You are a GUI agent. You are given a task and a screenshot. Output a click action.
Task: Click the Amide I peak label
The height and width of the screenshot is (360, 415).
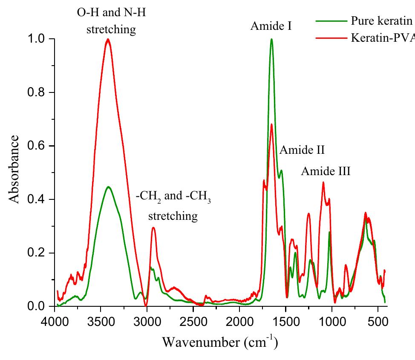271,26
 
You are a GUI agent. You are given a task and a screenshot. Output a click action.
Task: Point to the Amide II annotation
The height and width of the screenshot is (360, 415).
302,150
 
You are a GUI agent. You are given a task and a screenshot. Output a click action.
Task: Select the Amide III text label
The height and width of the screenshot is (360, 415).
326,172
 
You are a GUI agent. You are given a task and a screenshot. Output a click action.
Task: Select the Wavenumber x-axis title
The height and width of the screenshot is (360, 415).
220,342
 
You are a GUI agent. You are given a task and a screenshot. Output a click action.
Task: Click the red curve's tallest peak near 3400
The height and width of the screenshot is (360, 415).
108,40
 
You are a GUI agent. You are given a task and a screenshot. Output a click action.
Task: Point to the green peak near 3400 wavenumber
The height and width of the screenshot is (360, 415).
108,187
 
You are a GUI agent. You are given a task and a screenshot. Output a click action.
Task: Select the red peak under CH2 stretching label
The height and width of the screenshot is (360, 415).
153,228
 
